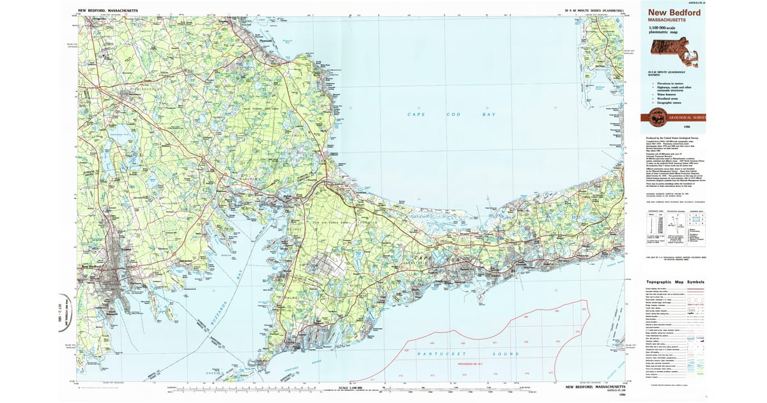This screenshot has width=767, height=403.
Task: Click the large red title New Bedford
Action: (x=674, y=12)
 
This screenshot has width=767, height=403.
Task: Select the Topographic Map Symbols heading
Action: (x=675, y=282)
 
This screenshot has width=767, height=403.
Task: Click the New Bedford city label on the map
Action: (x=93, y=267)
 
